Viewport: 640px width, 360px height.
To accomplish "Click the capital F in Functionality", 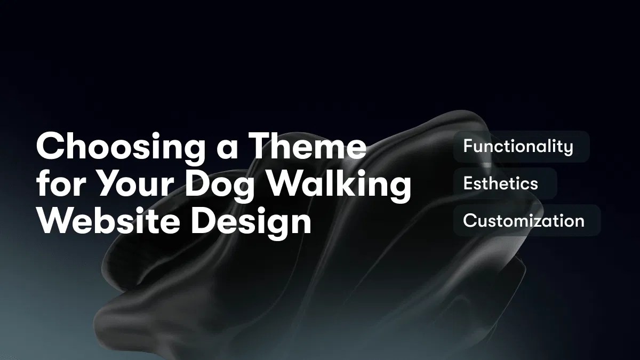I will [x=468, y=146].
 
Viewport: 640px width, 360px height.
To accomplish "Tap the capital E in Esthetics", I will [x=468, y=183].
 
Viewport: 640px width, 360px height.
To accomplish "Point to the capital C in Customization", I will [x=469, y=220].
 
